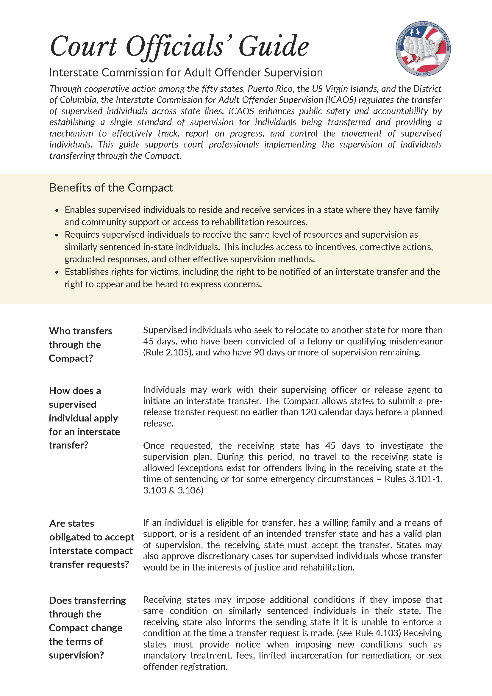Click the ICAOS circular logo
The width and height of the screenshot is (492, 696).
click(x=423, y=48)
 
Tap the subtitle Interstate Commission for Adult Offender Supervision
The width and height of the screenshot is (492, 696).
click(x=186, y=73)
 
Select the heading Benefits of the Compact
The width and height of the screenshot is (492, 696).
click(x=111, y=188)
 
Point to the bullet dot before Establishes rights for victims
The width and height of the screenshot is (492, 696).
click(x=57, y=272)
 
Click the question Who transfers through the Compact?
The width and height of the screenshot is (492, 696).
click(x=80, y=344)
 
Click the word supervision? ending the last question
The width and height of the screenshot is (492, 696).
click(x=76, y=655)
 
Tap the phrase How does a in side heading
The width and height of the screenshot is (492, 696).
click(x=75, y=391)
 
